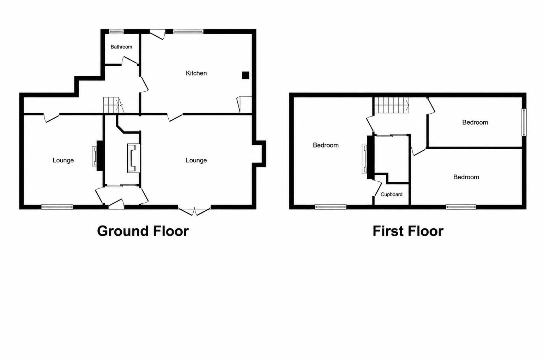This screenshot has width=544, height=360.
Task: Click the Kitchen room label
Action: tap(196, 73)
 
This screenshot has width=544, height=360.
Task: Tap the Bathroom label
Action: tap(121, 47)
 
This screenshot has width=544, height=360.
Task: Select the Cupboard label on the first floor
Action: tap(392, 194)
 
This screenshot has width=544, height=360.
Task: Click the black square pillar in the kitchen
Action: tap(246, 75)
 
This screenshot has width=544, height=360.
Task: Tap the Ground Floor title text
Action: tap(143, 231)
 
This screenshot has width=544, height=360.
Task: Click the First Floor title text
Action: tap(408, 231)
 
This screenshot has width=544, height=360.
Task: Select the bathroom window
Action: tap(116, 31)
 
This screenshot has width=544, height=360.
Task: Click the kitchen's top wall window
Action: tap(188, 31)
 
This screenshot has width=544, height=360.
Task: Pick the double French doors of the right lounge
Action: tap(194, 210)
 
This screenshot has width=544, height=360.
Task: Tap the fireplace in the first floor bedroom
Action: tap(368, 159)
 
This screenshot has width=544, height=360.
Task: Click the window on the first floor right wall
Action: tap(524, 122)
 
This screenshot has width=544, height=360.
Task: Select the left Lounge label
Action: tap(63, 160)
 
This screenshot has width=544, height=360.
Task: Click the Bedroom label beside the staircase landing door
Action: tap(475, 122)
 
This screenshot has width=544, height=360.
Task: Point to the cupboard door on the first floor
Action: tap(377, 189)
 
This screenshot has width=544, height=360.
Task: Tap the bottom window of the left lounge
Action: tap(57, 207)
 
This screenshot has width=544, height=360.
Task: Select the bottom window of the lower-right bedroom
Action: tap(461, 207)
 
